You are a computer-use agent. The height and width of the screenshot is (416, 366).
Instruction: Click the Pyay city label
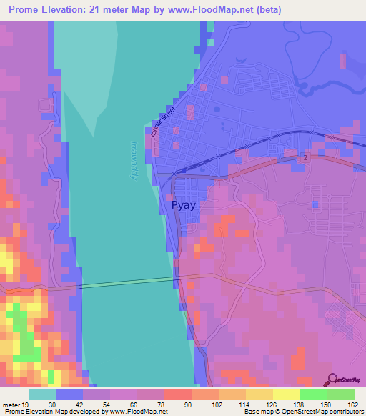(184, 205)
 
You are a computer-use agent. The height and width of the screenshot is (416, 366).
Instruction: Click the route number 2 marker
(305, 157)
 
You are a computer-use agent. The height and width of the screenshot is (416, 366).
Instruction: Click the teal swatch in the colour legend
(42, 394)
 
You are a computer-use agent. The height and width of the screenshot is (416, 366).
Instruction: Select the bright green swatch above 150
(313, 394)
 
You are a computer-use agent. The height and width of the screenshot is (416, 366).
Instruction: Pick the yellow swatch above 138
(286, 394)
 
